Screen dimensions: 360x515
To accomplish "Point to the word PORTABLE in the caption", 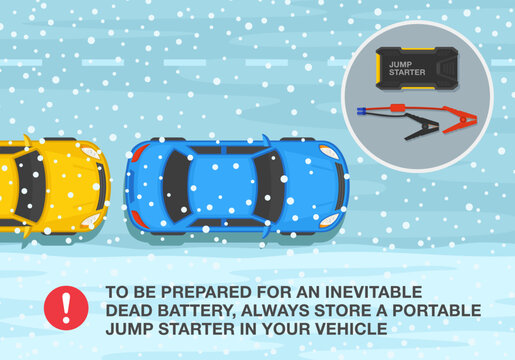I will pos(437,308).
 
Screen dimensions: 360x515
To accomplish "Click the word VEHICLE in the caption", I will pos(351,325).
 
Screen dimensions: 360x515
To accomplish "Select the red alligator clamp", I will pos(459,123).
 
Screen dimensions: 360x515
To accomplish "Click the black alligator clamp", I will pos(418,127).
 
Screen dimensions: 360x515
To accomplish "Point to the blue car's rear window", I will pos(173,187).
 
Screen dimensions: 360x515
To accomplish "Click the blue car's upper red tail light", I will pos(138,153).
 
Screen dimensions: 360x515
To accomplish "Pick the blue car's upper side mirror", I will pos(266,141).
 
